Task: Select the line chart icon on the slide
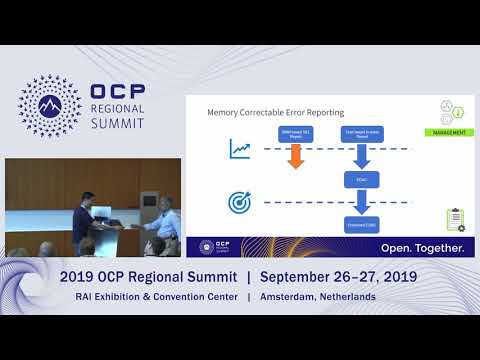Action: pyautogui.click(x=239, y=150)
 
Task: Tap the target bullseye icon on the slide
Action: pyautogui.click(x=240, y=202)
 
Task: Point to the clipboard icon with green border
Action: pyautogui.click(x=455, y=219)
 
